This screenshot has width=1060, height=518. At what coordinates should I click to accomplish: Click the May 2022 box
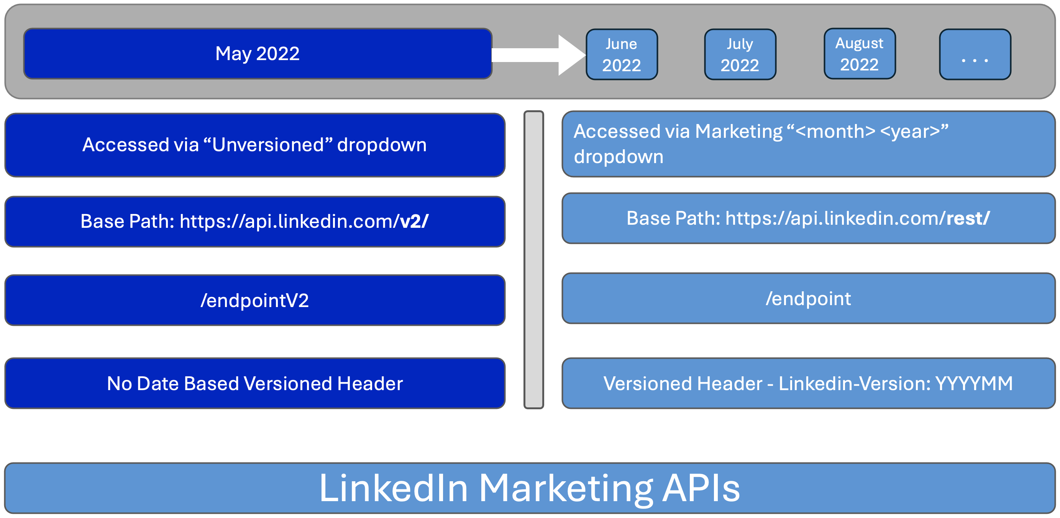[x=258, y=54]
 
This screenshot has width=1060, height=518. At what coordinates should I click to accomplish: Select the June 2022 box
[x=621, y=54]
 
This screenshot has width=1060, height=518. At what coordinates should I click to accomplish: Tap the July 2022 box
[x=740, y=54]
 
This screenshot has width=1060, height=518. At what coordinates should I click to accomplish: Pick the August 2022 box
[x=859, y=54]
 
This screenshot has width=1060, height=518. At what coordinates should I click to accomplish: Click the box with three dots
[x=975, y=54]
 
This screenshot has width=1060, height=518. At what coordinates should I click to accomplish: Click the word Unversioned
[x=268, y=145]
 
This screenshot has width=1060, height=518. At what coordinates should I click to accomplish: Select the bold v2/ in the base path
[x=414, y=221]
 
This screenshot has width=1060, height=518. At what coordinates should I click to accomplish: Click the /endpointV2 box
[x=255, y=300]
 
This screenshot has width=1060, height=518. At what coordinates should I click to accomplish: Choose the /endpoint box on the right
[x=808, y=299]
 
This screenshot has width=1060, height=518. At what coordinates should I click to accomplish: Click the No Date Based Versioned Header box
[x=255, y=383]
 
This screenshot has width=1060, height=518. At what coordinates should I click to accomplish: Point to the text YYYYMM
[x=974, y=383]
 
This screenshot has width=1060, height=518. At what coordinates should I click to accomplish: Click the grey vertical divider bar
[x=534, y=260]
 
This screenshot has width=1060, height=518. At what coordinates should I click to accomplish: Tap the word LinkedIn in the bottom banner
[x=394, y=488]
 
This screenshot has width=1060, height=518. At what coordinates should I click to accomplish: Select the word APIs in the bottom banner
[x=701, y=488]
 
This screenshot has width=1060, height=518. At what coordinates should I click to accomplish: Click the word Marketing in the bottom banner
[x=566, y=488]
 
